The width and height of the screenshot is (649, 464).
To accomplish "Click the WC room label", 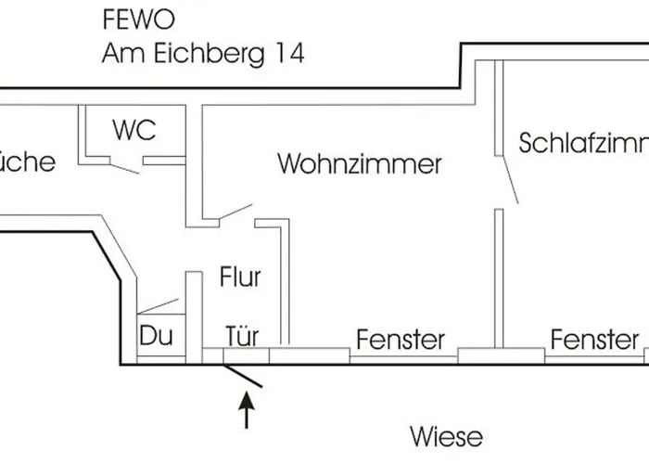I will click(134, 130).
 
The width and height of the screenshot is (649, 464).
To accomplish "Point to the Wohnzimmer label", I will click(360, 165).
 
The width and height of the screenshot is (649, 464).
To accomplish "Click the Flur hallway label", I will click(240, 277).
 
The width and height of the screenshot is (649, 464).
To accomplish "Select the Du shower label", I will click(154, 335).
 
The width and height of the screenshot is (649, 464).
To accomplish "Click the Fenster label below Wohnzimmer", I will click(401, 340).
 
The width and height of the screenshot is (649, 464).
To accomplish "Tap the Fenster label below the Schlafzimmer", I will click(594, 340).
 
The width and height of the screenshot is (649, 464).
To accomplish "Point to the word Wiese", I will click(447, 435).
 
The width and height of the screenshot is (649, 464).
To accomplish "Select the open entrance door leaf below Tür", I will click(246, 375).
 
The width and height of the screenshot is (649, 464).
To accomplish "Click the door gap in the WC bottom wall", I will click(126, 166).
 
